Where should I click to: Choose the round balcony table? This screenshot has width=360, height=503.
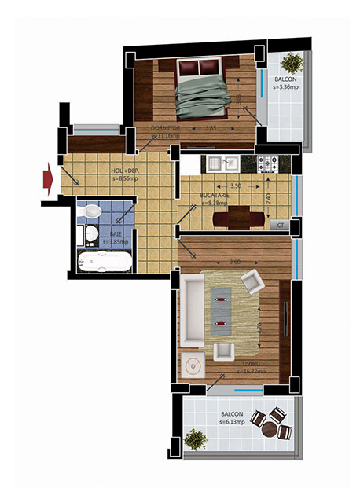point(270,429)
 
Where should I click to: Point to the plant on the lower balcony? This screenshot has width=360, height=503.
point(194,436)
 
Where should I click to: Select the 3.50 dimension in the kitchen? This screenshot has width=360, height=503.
point(234,186)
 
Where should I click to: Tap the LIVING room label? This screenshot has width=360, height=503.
point(251,366)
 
